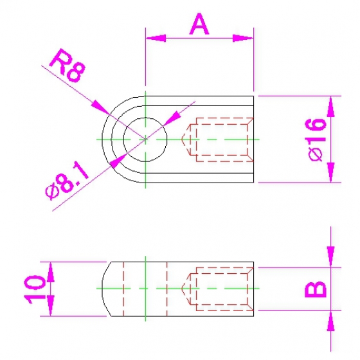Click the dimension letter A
pos(199,24)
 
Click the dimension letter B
pos(315,289)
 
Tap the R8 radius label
pos(67,65)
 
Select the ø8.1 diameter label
pos(67,181)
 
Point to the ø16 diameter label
pos(316,140)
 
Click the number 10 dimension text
pos(35,289)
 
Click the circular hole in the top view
pos(145,139)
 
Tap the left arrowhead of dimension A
pos(156,38)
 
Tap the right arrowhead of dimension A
pos(243,38)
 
